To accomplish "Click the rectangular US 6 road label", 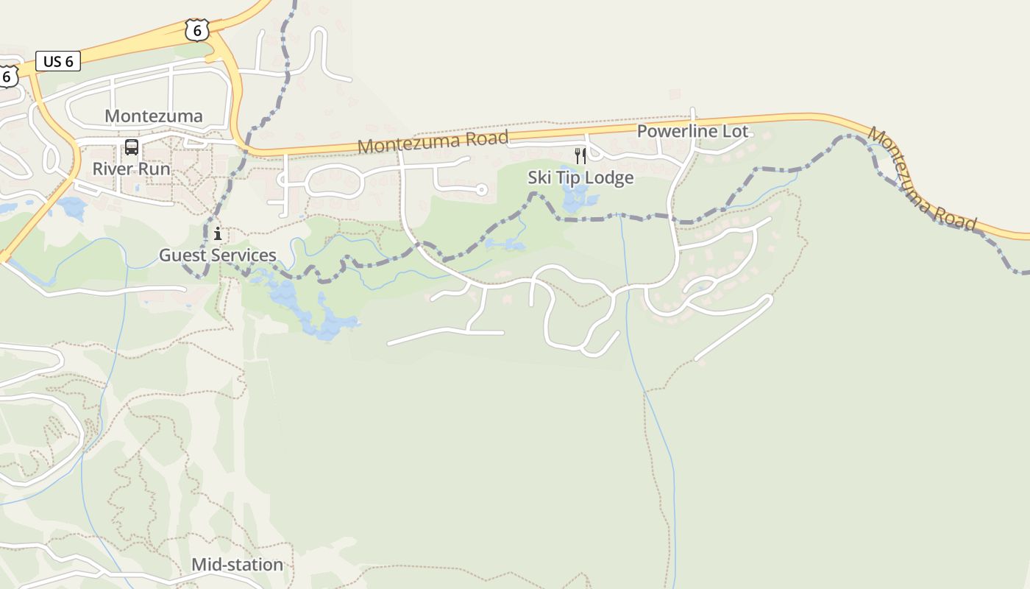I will tap(58, 61).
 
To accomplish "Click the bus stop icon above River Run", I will tap(132, 147).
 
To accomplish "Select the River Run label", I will tap(131, 169).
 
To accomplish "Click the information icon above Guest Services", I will tap(218, 234).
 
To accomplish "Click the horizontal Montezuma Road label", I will tap(433, 141).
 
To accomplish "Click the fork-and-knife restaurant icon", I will tap(580, 155).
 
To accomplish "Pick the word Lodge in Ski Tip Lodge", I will tap(608, 177).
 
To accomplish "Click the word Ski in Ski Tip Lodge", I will tap(539, 177).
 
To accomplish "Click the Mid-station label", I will tap(237, 565).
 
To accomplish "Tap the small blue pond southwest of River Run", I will tap(73, 207).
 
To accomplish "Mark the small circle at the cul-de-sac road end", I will tap(482, 190).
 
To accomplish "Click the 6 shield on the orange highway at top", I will tap(196, 30).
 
